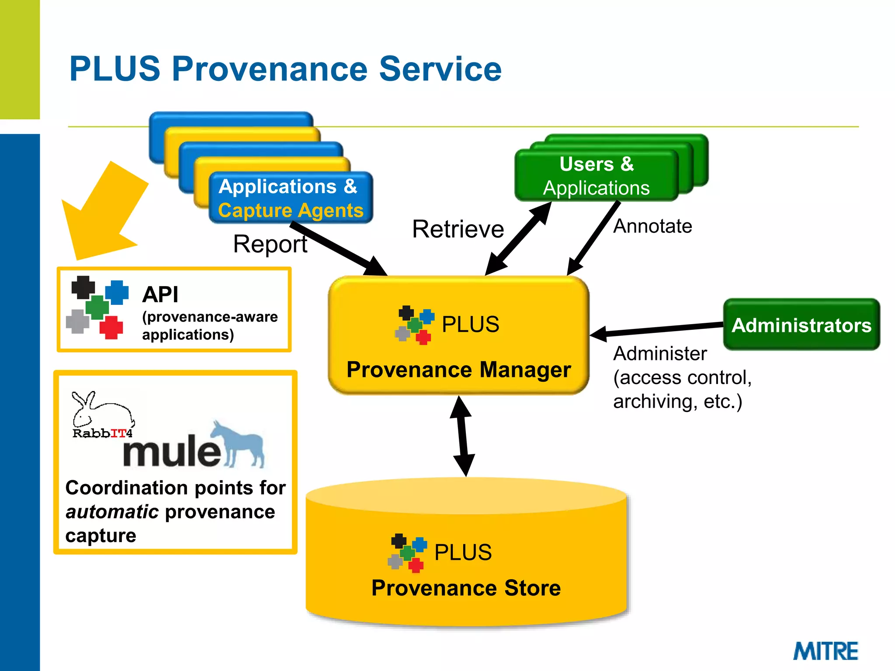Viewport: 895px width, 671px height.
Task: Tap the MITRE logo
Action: [826, 651]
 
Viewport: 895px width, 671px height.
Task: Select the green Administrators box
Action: [801, 325]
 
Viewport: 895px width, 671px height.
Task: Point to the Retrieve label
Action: [458, 229]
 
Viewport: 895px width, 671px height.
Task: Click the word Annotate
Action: [652, 226]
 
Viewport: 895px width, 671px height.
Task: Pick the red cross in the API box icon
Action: [111, 327]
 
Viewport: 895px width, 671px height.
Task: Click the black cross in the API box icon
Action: [83, 287]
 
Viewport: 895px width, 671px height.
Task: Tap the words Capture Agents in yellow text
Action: [291, 211]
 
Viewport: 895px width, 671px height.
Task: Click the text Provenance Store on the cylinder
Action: [466, 588]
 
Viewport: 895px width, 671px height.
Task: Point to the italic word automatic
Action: [112, 512]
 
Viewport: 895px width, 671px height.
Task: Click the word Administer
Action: [659, 353]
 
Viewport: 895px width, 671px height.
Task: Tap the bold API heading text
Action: [160, 294]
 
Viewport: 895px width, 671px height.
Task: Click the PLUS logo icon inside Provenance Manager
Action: [414, 325]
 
